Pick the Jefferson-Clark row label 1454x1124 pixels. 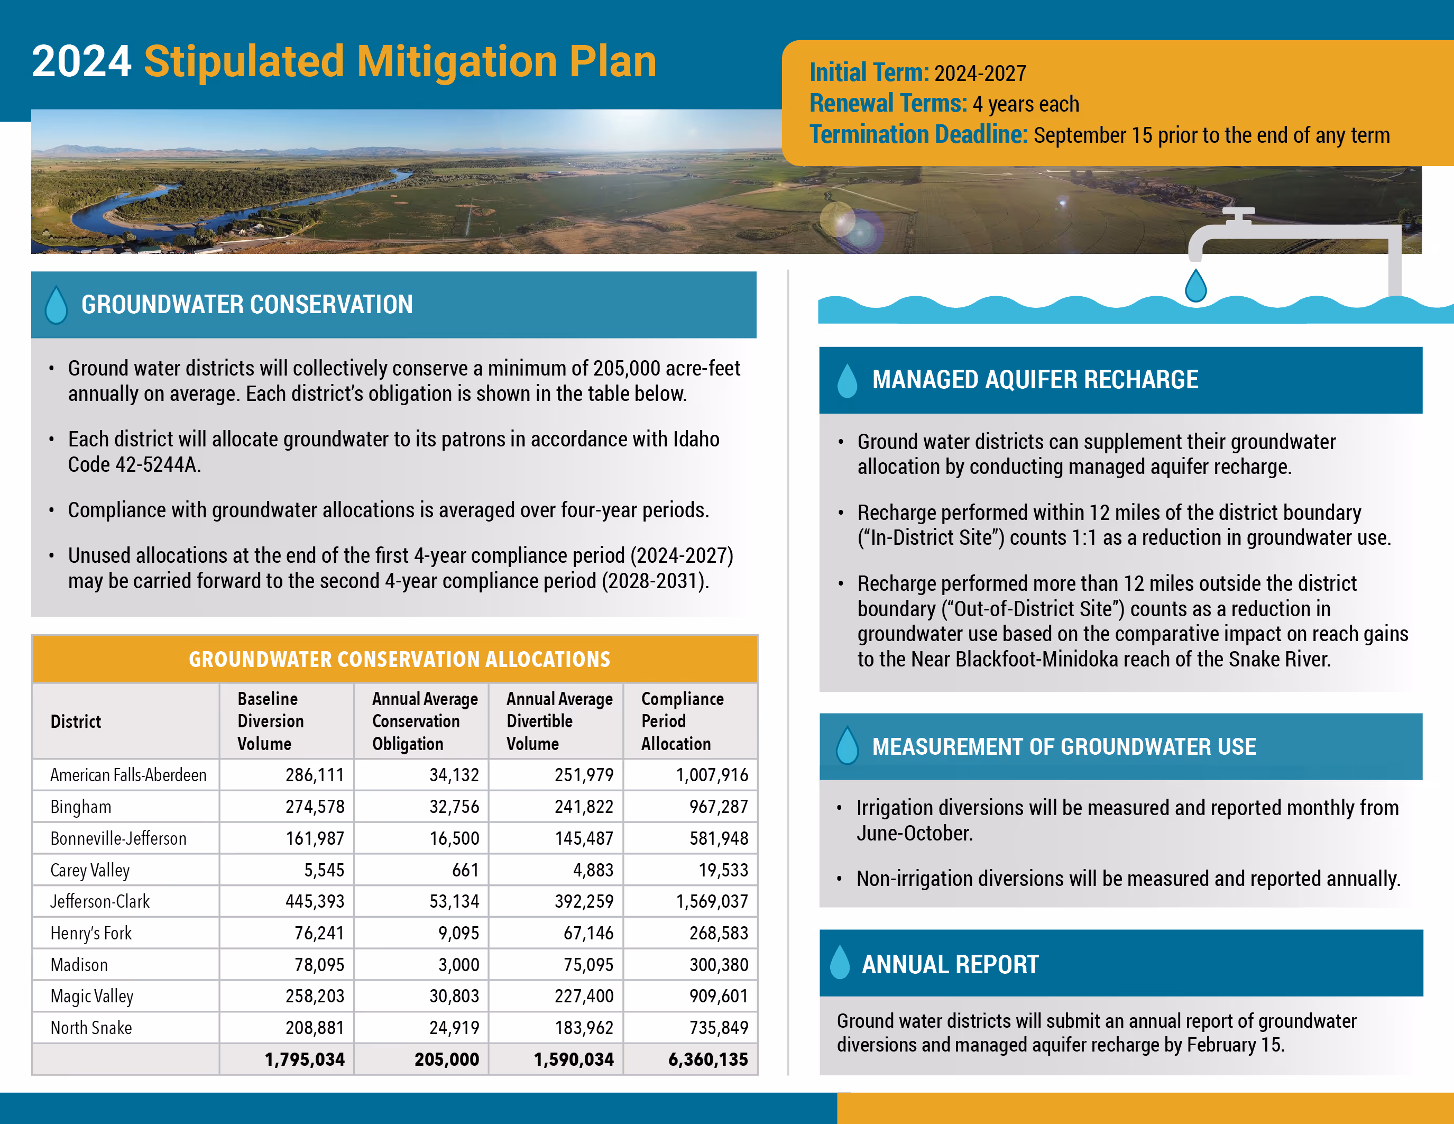(100, 902)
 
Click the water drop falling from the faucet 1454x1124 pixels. (1195, 286)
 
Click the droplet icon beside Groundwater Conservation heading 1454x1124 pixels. (57, 305)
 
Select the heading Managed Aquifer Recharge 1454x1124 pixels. (1035, 380)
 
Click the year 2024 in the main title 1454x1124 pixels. (81, 61)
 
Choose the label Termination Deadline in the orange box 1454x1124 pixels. (918, 134)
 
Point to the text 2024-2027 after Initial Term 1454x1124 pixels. (980, 73)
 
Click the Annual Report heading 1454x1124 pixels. (950, 964)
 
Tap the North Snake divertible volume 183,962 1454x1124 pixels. (584, 1027)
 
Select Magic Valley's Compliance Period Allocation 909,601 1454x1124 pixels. (719, 996)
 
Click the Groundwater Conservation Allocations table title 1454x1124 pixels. (399, 659)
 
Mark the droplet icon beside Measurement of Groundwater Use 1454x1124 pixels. (847, 746)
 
